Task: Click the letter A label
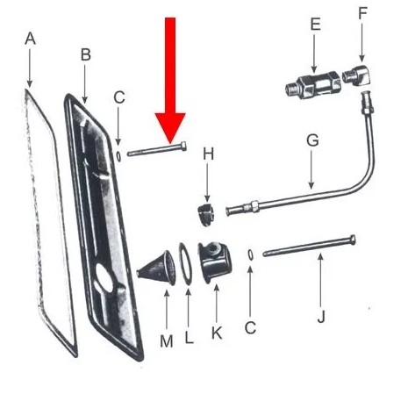click(31, 39)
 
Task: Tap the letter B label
click(86, 54)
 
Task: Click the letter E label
click(315, 24)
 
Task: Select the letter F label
click(362, 13)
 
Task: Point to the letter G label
click(312, 140)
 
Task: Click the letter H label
click(209, 154)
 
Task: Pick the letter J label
click(321, 317)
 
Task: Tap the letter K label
click(217, 333)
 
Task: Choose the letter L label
click(189, 337)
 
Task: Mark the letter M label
click(167, 341)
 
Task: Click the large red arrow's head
click(170, 126)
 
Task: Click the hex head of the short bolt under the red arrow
click(182, 146)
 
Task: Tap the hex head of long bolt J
click(352, 240)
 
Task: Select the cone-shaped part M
click(157, 269)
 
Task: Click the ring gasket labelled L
click(185, 263)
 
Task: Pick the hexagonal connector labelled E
click(313, 86)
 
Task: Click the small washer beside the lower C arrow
click(250, 254)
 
